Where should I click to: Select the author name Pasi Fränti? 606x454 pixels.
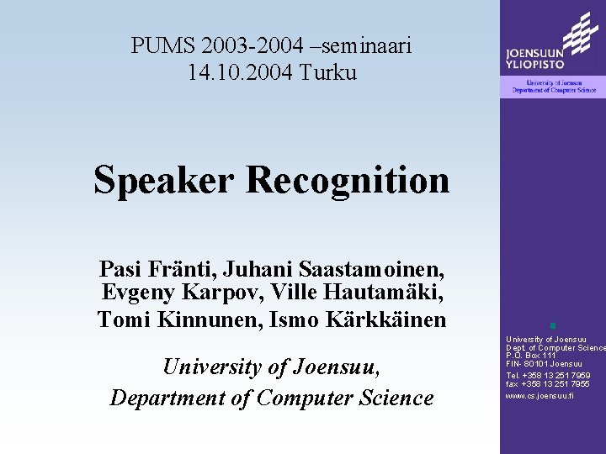[156, 269]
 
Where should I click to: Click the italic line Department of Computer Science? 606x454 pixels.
[271, 398]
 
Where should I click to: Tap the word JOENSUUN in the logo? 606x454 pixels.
[535, 50]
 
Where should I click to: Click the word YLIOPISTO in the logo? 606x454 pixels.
[535, 62]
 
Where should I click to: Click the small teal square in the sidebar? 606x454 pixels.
[552, 325]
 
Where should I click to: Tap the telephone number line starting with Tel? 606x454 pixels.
[548, 375]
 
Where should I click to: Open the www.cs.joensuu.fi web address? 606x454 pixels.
[540, 395]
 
